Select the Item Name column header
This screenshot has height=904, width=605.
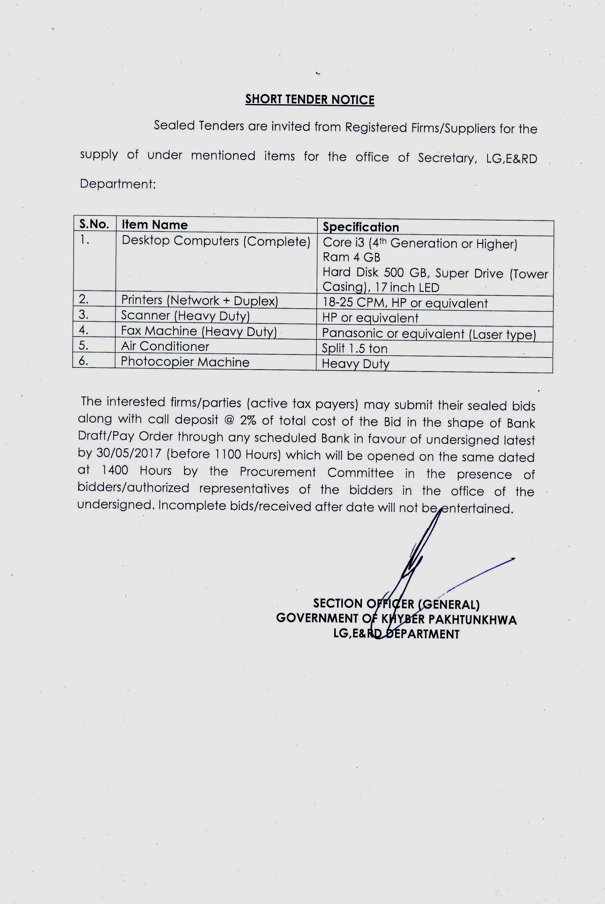click(x=154, y=225)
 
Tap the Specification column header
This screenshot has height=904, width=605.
click(x=360, y=227)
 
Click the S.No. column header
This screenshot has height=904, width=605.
click(x=94, y=224)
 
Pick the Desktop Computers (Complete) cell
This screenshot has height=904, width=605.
click(x=216, y=241)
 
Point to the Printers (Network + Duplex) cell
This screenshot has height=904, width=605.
click(x=199, y=300)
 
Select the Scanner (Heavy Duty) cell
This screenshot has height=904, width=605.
click(x=185, y=316)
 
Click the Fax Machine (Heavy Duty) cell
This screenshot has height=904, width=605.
click(x=199, y=331)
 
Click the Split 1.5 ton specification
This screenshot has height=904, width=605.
click(x=354, y=349)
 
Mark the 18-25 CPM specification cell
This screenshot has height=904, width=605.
click(x=405, y=303)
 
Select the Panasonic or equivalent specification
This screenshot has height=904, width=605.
click(x=429, y=334)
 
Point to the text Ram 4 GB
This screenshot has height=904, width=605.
click(x=351, y=257)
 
